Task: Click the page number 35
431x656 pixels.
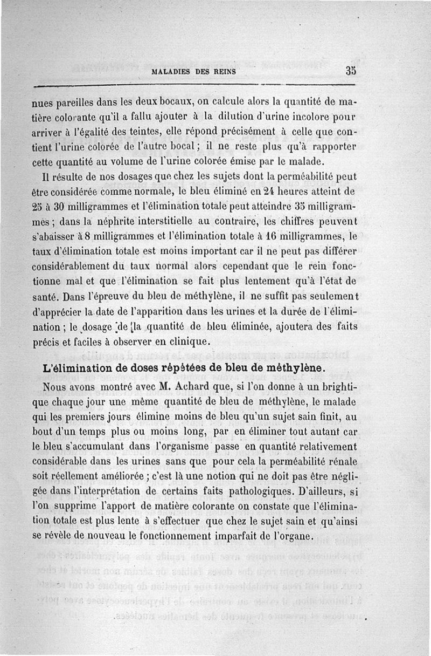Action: (351, 71)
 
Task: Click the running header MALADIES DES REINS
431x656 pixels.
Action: (194, 72)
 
